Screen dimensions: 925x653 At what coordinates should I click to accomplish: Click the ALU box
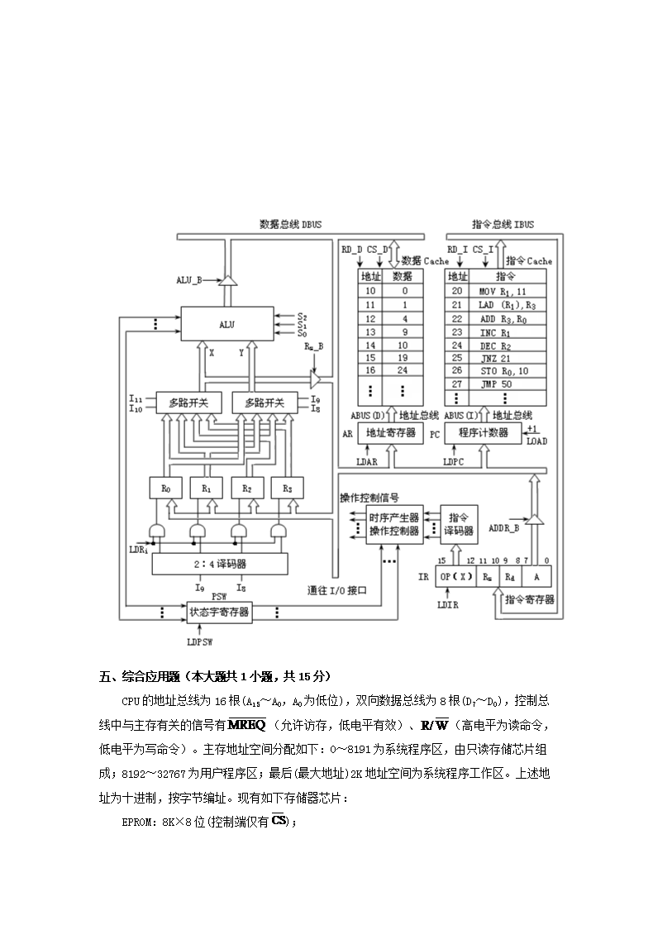pyautogui.click(x=227, y=325)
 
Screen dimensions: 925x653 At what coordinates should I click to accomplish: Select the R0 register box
pyautogui.click(x=165, y=489)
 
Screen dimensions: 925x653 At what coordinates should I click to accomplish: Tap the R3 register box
pyautogui.click(x=287, y=489)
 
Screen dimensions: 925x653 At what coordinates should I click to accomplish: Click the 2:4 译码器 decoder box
pyautogui.click(x=219, y=565)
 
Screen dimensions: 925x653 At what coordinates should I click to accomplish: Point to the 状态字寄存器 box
pyautogui.click(x=219, y=613)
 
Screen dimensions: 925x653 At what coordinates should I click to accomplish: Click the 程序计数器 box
pyautogui.click(x=483, y=432)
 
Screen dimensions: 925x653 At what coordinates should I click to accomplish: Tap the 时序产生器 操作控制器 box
pyautogui.click(x=393, y=523)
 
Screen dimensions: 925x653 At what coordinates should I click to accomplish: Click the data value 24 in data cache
pyautogui.click(x=404, y=371)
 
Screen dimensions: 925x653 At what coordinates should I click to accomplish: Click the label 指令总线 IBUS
pyautogui.click(x=502, y=224)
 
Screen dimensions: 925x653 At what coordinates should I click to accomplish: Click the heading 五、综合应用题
pyautogui.click(x=145, y=676)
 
